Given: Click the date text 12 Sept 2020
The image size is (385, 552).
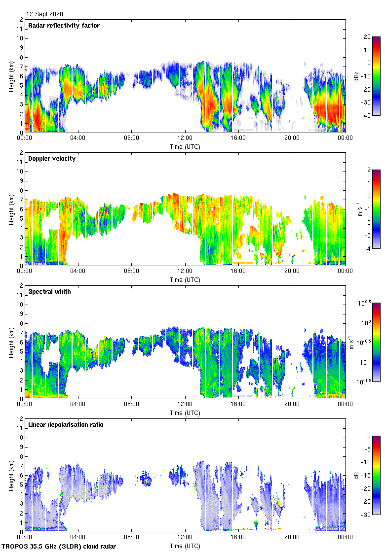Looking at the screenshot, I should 45,14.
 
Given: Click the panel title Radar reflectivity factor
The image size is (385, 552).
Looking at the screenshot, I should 64,26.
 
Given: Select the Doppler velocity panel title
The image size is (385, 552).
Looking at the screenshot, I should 52,159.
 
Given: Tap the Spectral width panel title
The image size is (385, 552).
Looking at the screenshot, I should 49,292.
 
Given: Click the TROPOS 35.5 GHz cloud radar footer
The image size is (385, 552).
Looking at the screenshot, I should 59,547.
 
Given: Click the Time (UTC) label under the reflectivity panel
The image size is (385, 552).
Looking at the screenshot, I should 185,146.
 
